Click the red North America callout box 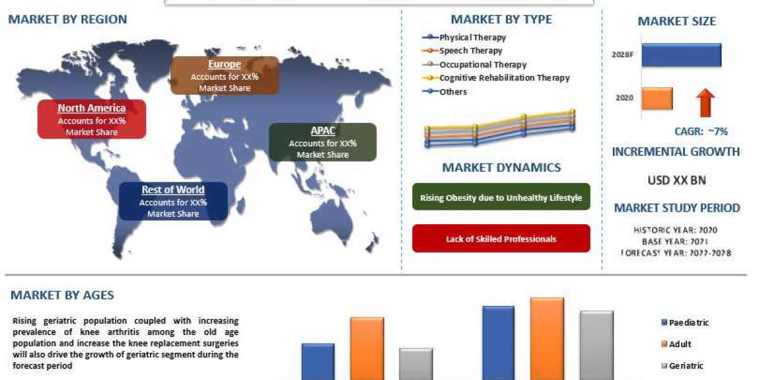click(x=92, y=119)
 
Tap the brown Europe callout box click(x=225, y=75)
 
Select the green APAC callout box click(x=323, y=142)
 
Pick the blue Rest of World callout click(x=173, y=201)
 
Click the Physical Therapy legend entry click(x=472, y=37)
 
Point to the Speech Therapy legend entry click(x=470, y=51)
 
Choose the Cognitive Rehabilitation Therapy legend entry click(x=503, y=78)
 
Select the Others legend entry click(x=453, y=92)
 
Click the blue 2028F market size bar click(x=681, y=55)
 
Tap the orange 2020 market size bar click(x=657, y=99)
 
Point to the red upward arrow click(x=707, y=103)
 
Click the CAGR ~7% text click(x=701, y=132)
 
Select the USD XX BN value click(x=676, y=180)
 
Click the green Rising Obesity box click(x=501, y=198)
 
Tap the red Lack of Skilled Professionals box click(x=501, y=239)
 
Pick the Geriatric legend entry click(x=685, y=365)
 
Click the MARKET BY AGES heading click(x=62, y=295)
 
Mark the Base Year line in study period click(x=676, y=242)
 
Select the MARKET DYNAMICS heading click(x=501, y=168)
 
